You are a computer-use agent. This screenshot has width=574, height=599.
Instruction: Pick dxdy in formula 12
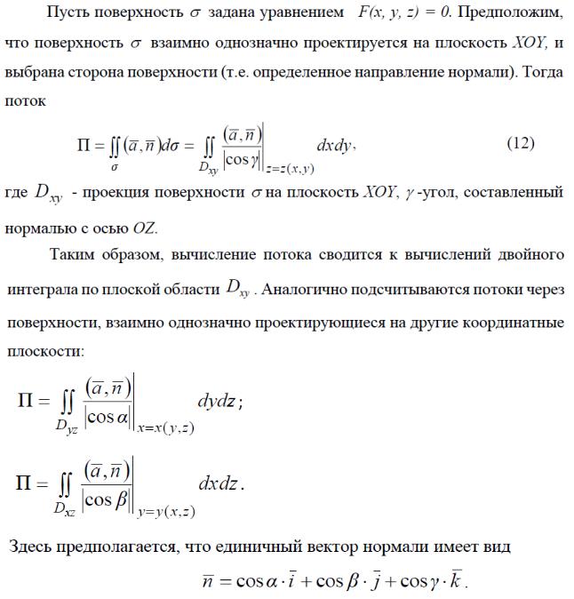pos(335,144)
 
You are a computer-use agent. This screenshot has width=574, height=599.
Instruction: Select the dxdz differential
pos(219,484)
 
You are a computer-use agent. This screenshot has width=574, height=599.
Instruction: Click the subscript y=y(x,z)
pos(166,511)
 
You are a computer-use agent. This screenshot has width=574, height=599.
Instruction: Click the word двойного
pos(527,256)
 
